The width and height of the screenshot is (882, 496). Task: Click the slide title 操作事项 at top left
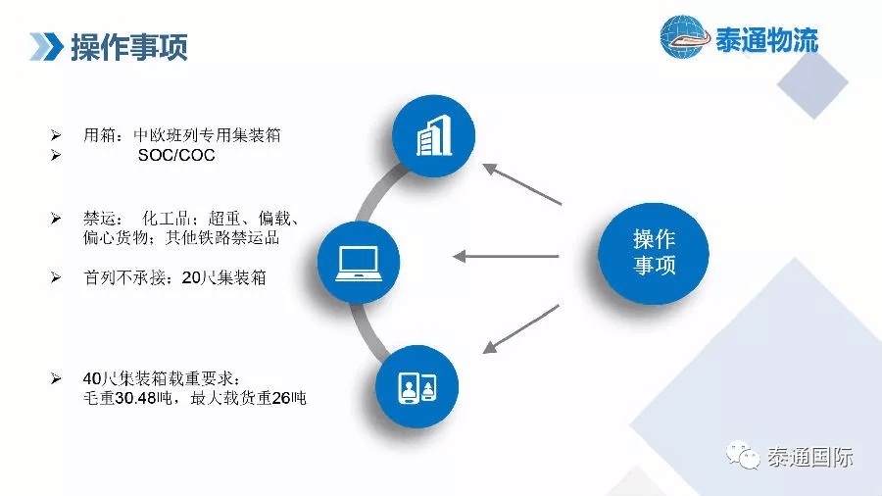pos(128,47)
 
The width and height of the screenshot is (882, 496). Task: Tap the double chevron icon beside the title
pos(46,47)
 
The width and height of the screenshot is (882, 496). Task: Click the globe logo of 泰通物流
pos(683,37)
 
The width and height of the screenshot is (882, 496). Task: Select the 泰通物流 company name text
pos(766,40)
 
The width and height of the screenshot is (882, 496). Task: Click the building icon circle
pos(434,136)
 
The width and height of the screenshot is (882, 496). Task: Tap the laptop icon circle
pos(359,263)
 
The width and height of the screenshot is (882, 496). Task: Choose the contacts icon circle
pos(416,387)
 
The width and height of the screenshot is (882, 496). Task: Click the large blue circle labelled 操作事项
pos(654,254)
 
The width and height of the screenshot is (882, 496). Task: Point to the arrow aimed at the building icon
pos(522,184)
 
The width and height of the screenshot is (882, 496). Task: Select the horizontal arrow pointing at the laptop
pos(506,257)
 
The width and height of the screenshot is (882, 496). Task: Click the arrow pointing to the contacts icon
pos(521,329)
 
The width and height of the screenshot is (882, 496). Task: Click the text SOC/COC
pos(176,155)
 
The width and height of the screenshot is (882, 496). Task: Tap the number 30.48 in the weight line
pos(135,398)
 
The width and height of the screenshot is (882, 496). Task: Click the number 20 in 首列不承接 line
pos(191,277)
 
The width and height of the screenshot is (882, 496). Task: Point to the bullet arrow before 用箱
pos(56,135)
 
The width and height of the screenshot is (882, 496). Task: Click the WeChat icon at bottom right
pos(743,455)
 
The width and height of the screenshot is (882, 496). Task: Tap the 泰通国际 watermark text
pos(810,457)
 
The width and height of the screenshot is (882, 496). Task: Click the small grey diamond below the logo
pos(812,83)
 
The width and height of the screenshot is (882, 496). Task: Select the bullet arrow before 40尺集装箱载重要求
pos(56,378)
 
